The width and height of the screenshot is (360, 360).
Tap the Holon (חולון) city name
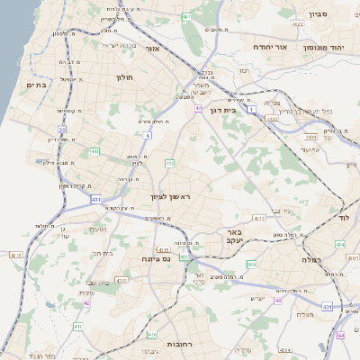pyautogui.click(x=124, y=77)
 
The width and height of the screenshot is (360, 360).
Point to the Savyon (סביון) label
pyautogui.click(x=318, y=14)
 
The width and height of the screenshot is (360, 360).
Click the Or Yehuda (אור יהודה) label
pyautogui.click(x=269, y=46)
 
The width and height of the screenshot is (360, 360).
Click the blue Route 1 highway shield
pyautogui.click(x=253, y=109)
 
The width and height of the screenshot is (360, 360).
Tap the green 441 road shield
pyautogui.click(x=94, y=152)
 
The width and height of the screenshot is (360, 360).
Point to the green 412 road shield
pyautogui.click(x=169, y=163)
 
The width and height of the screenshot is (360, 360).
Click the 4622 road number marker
pyautogui.click(x=271, y=118)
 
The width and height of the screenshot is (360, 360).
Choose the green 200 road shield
pyautogui.click(x=251, y=265)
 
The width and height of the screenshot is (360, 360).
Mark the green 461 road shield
pyautogui.click(x=186, y=17)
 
